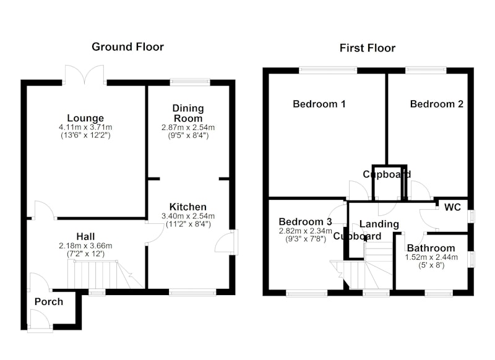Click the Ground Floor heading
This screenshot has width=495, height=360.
tap(127, 46)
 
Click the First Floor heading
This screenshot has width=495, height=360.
tap(368, 48)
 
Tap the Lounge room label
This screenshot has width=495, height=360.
tap(85, 118)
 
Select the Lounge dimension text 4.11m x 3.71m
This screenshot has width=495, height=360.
tap(85, 127)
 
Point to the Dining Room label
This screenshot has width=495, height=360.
tap(188, 113)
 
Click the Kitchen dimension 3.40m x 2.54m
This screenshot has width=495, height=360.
tap(188, 216)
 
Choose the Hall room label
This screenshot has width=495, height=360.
tap(85, 236)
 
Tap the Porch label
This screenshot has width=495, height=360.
tap(49, 302)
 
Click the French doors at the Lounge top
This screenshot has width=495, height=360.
tap(84, 75)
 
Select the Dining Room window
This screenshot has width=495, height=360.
tap(190, 82)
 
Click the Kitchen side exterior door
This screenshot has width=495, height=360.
tap(227, 242)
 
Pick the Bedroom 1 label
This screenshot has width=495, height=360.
tap(319, 104)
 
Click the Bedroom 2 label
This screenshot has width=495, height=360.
tap(437, 104)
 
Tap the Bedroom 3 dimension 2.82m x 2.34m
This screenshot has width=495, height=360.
tap(305, 231)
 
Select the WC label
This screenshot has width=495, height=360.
tap(452, 207)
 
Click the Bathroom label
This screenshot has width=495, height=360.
tap(431, 248)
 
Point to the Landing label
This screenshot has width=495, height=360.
tap(379, 224)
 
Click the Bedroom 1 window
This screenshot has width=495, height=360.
tap(328, 70)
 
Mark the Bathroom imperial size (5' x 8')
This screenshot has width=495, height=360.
tap(431, 265)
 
